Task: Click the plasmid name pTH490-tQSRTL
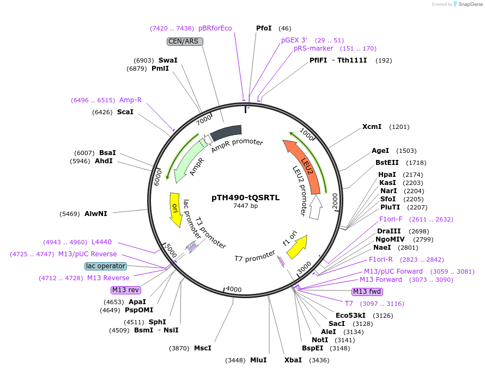tap(245, 198)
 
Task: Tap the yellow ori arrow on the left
tap(175, 209)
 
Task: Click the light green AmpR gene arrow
tap(187, 160)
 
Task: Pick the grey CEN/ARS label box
tap(185, 41)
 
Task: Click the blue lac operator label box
tap(106, 266)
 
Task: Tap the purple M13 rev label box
tap(125, 289)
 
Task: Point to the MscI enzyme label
tap(202, 348)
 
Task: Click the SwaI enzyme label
tap(168, 60)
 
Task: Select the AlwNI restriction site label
tap(96, 213)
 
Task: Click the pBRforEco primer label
tap(215, 28)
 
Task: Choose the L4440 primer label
tap(102, 242)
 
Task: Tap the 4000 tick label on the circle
tap(233, 289)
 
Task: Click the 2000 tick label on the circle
tap(334, 200)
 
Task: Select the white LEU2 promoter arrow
tap(315, 208)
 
